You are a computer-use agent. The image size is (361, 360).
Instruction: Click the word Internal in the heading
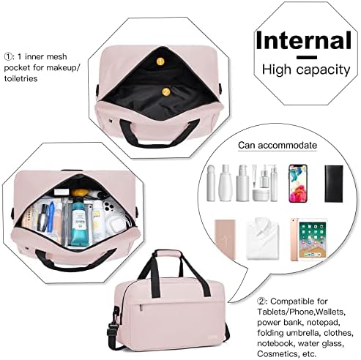[x=303, y=40]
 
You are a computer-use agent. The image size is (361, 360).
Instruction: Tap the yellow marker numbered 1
[x=160, y=61]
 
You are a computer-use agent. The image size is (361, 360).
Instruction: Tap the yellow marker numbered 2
[x=166, y=92]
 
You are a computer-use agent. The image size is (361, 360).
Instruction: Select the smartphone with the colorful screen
[x=298, y=183]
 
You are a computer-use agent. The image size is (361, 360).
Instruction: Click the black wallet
[x=334, y=184]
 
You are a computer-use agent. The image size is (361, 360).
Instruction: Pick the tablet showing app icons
[x=309, y=239]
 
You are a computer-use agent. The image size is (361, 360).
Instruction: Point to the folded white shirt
[x=263, y=239]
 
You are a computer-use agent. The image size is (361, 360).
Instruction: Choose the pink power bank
[x=225, y=239]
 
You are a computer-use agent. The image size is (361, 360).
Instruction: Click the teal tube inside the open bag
[x=79, y=222]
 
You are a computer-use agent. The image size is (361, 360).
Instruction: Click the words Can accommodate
[x=278, y=145]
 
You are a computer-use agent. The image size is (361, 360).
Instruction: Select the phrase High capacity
[x=306, y=70]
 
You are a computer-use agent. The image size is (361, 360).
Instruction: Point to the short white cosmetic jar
[x=261, y=195]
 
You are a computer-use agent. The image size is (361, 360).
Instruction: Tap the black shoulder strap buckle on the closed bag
[x=113, y=326]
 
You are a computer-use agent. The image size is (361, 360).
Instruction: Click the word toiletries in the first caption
[x=21, y=78]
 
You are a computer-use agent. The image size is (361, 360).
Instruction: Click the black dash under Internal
[x=307, y=58]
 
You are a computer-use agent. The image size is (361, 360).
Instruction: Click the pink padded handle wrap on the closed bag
[x=168, y=254]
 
